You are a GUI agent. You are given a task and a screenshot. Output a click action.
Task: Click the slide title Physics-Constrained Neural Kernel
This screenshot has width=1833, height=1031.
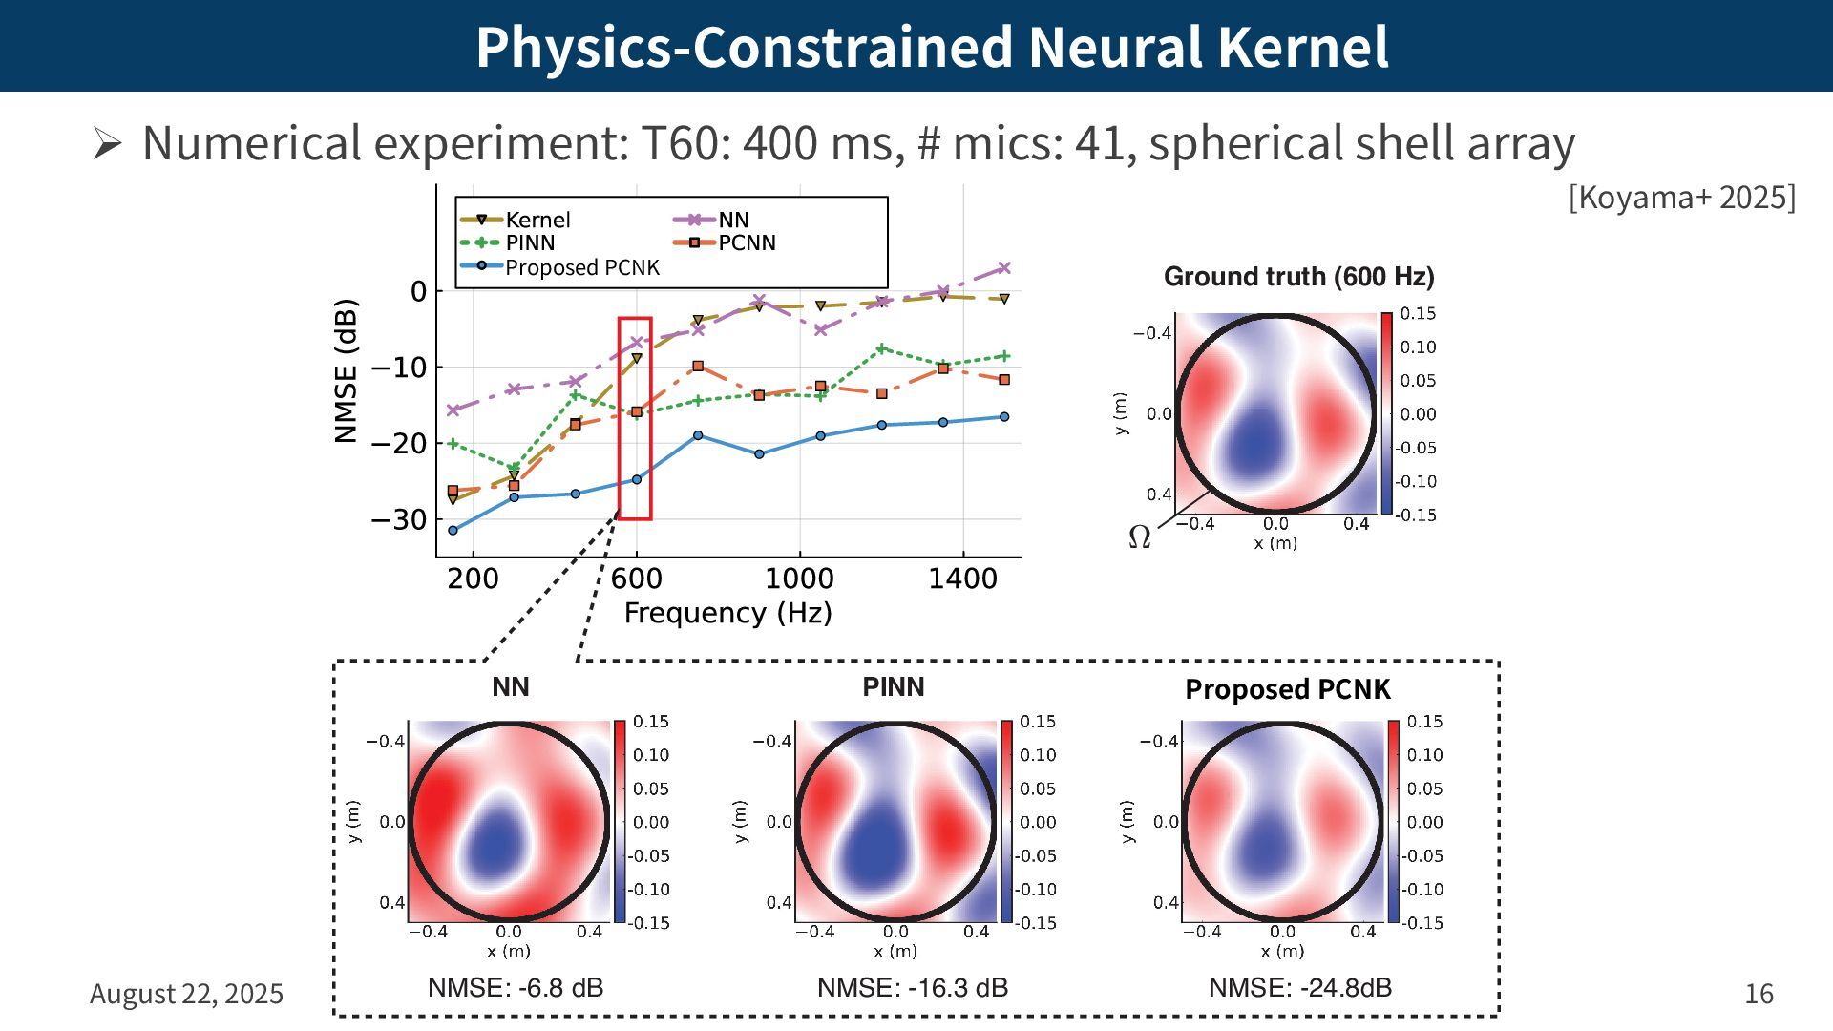pyautogui.click(x=932, y=47)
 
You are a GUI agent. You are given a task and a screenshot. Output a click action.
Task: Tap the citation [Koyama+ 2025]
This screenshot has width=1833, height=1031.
pyautogui.click(x=1681, y=198)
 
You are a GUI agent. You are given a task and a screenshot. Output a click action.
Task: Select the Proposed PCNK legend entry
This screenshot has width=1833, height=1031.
pyautogui.click(x=581, y=268)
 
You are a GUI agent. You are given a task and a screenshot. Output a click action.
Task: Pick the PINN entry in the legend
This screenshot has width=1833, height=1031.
pyautogui.click(x=530, y=243)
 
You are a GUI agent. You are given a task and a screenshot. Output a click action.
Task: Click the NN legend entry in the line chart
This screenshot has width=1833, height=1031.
pyautogui.click(x=733, y=220)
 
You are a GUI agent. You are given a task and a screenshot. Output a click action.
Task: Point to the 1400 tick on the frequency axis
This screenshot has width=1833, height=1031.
pyautogui.click(x=962, y=579)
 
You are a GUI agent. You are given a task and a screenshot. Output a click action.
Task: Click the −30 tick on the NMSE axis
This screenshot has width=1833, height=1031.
pyautogui.click(x=398, y=520)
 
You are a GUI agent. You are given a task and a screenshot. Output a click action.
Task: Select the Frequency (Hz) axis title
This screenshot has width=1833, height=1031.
pyautogui.click(x=727, y=613)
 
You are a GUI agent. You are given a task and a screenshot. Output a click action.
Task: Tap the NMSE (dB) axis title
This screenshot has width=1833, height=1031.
pyautogui.click(x=346, y=371)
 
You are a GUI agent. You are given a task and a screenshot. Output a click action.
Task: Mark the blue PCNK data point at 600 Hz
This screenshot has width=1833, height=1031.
pyautogui.click(x=637, y=479)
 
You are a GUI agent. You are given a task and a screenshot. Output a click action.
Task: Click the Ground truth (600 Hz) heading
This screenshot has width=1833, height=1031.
pyautogui.click(x=1298, y=277)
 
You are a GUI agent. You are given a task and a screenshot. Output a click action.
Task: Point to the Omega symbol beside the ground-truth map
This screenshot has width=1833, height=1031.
pyautogui.click(x=1139, y=537)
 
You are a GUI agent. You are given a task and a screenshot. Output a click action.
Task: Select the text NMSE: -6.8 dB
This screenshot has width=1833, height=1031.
pyautogui.click(x=516, y=988)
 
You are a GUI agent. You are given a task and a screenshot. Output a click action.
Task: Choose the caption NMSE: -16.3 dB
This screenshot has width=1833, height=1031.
pyautogui.click(x=912, y=988)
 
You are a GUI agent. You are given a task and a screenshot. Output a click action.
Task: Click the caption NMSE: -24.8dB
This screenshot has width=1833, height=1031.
pyautogui.click(x=1299, y=988)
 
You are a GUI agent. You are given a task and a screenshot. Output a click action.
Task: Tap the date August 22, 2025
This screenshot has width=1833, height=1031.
pyautogui.click(x=186, y=994)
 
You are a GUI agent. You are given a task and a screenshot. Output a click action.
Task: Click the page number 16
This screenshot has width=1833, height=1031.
pyautogui.click(x=1759, y=994)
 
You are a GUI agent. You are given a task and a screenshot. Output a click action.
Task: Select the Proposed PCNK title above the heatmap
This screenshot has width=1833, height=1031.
pyautogui.click(x=1287, y=689)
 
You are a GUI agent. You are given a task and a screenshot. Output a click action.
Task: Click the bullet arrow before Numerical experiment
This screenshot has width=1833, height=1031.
pyautogui.click(x=107, y=144)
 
